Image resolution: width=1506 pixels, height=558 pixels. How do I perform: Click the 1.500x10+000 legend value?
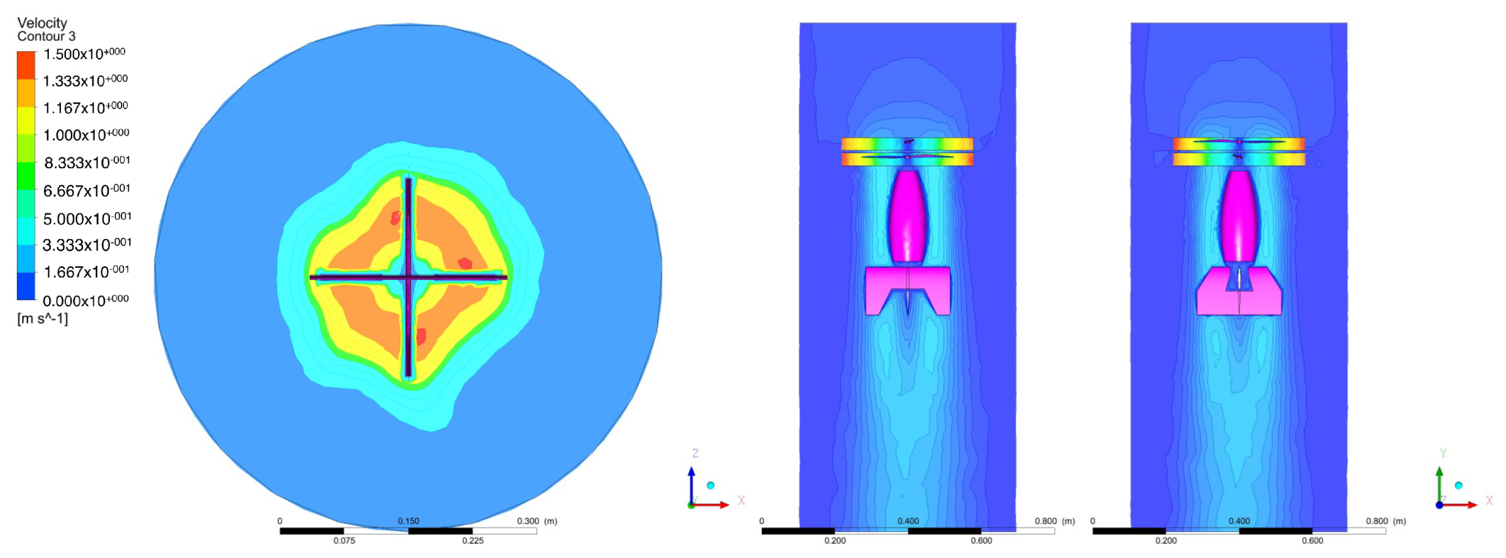84,54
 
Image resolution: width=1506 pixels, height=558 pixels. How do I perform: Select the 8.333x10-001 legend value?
87,162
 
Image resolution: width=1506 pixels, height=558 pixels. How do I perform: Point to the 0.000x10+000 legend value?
85,300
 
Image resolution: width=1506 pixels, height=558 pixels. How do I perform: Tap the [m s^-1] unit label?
43,319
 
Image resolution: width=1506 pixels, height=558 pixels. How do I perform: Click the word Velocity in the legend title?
42,23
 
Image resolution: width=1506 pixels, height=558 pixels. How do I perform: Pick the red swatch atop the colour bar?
26,65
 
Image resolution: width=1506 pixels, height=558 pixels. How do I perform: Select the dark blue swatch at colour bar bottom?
26,286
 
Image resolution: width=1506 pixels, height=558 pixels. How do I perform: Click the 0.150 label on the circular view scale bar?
408,521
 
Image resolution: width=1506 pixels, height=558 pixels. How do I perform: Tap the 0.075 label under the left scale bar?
344,540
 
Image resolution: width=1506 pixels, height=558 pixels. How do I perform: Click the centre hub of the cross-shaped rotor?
408,277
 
